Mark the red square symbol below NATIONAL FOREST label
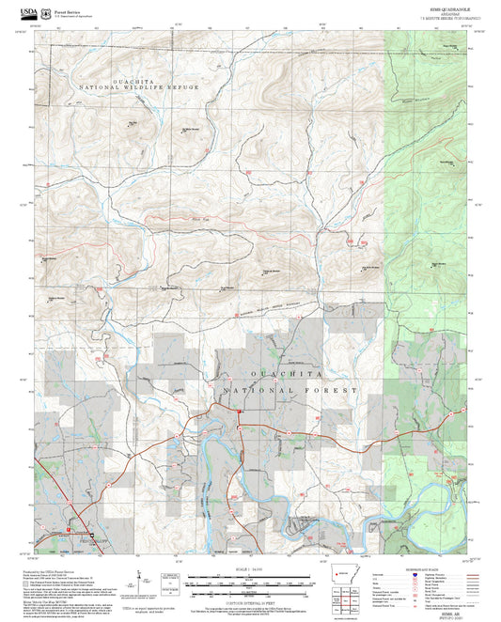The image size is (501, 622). (x=241, y=411)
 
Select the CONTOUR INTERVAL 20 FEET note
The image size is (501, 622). (x=250, y=599)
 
